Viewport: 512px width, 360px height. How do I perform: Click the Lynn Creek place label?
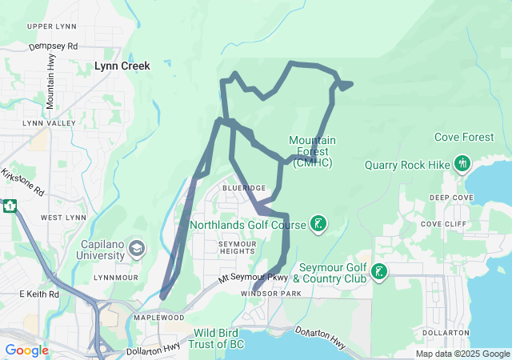pyautogui.click(x=122, y=67)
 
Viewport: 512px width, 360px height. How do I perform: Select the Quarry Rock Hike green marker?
pyautogui.click(x=462, y=164)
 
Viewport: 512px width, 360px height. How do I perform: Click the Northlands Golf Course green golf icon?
pyautogui.click(x=318, y=224)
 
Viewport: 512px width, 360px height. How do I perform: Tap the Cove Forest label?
pyautogui.click(x=464, y=138)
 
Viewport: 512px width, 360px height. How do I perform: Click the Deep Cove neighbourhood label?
pyautogui.click(x=451, y=198)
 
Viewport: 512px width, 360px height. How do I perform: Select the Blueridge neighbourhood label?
pyautogui.click(x=244, y=187)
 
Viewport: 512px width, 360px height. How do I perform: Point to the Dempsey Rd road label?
pyautogui.click(x=54, y=46)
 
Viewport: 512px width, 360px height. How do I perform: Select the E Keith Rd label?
pyautogui.click(x=39, y=294)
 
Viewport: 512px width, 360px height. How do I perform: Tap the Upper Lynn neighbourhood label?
pyautogui.click(x=50, y=26)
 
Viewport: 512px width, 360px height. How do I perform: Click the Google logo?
pyautogui.click(x=26, y=350)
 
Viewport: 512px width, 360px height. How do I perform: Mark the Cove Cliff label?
pyautogui.click(x=442, y=224)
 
